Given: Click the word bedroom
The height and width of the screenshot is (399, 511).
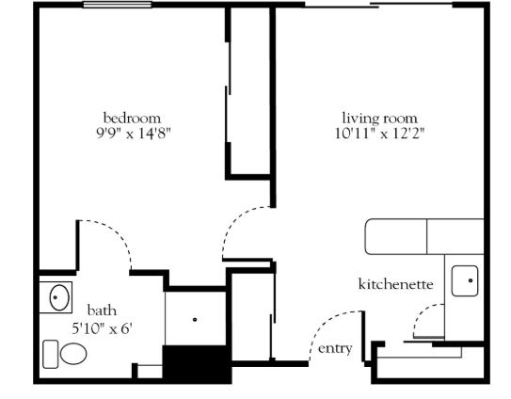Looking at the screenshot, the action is pyautogui.click(x=132, y=118).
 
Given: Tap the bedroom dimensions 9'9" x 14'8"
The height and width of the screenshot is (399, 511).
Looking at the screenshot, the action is pyautogui.click(x=134, y=134).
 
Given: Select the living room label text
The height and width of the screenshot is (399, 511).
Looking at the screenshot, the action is pyautogui.click(x=379, y=119).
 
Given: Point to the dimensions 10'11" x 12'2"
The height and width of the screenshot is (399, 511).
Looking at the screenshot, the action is pyautogui.click(x=380, y=134).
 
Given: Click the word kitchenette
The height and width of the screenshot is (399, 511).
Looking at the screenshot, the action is pyautogui.click(x=395, y=284).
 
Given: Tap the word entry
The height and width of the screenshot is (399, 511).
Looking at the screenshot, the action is pyautogui.click(x=335, y=349).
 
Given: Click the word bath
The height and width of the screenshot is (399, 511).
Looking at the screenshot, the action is pyautogui.click(x=102, y=310).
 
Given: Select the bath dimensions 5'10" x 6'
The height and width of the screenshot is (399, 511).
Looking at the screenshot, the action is pyautogui.click(x=102, y=328).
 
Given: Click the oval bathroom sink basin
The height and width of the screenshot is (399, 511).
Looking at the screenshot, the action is pyautogui.click(x=59, y=297).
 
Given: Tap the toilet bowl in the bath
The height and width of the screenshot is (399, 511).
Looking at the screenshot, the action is pyautogui.click(x=73, y=354).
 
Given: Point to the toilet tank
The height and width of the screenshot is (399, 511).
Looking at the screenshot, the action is pyautogui.click(x=51, y=355).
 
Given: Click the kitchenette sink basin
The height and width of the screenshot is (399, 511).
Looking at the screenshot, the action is pyautogui.click(x=465, y=280).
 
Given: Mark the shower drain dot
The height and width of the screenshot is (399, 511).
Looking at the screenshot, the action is pyautogui.click(x=195, y=319).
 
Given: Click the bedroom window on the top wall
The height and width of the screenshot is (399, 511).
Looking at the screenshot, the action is pyautogui.click(x=118, y=5).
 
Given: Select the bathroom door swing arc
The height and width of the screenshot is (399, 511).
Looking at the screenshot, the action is pyautogui.click(x=115, y=234).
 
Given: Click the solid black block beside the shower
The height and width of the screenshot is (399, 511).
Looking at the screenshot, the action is pyautogui.click(x=198, y=364).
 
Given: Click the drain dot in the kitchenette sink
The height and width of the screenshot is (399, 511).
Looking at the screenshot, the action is pyautogui.click(x=471, y=280).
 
